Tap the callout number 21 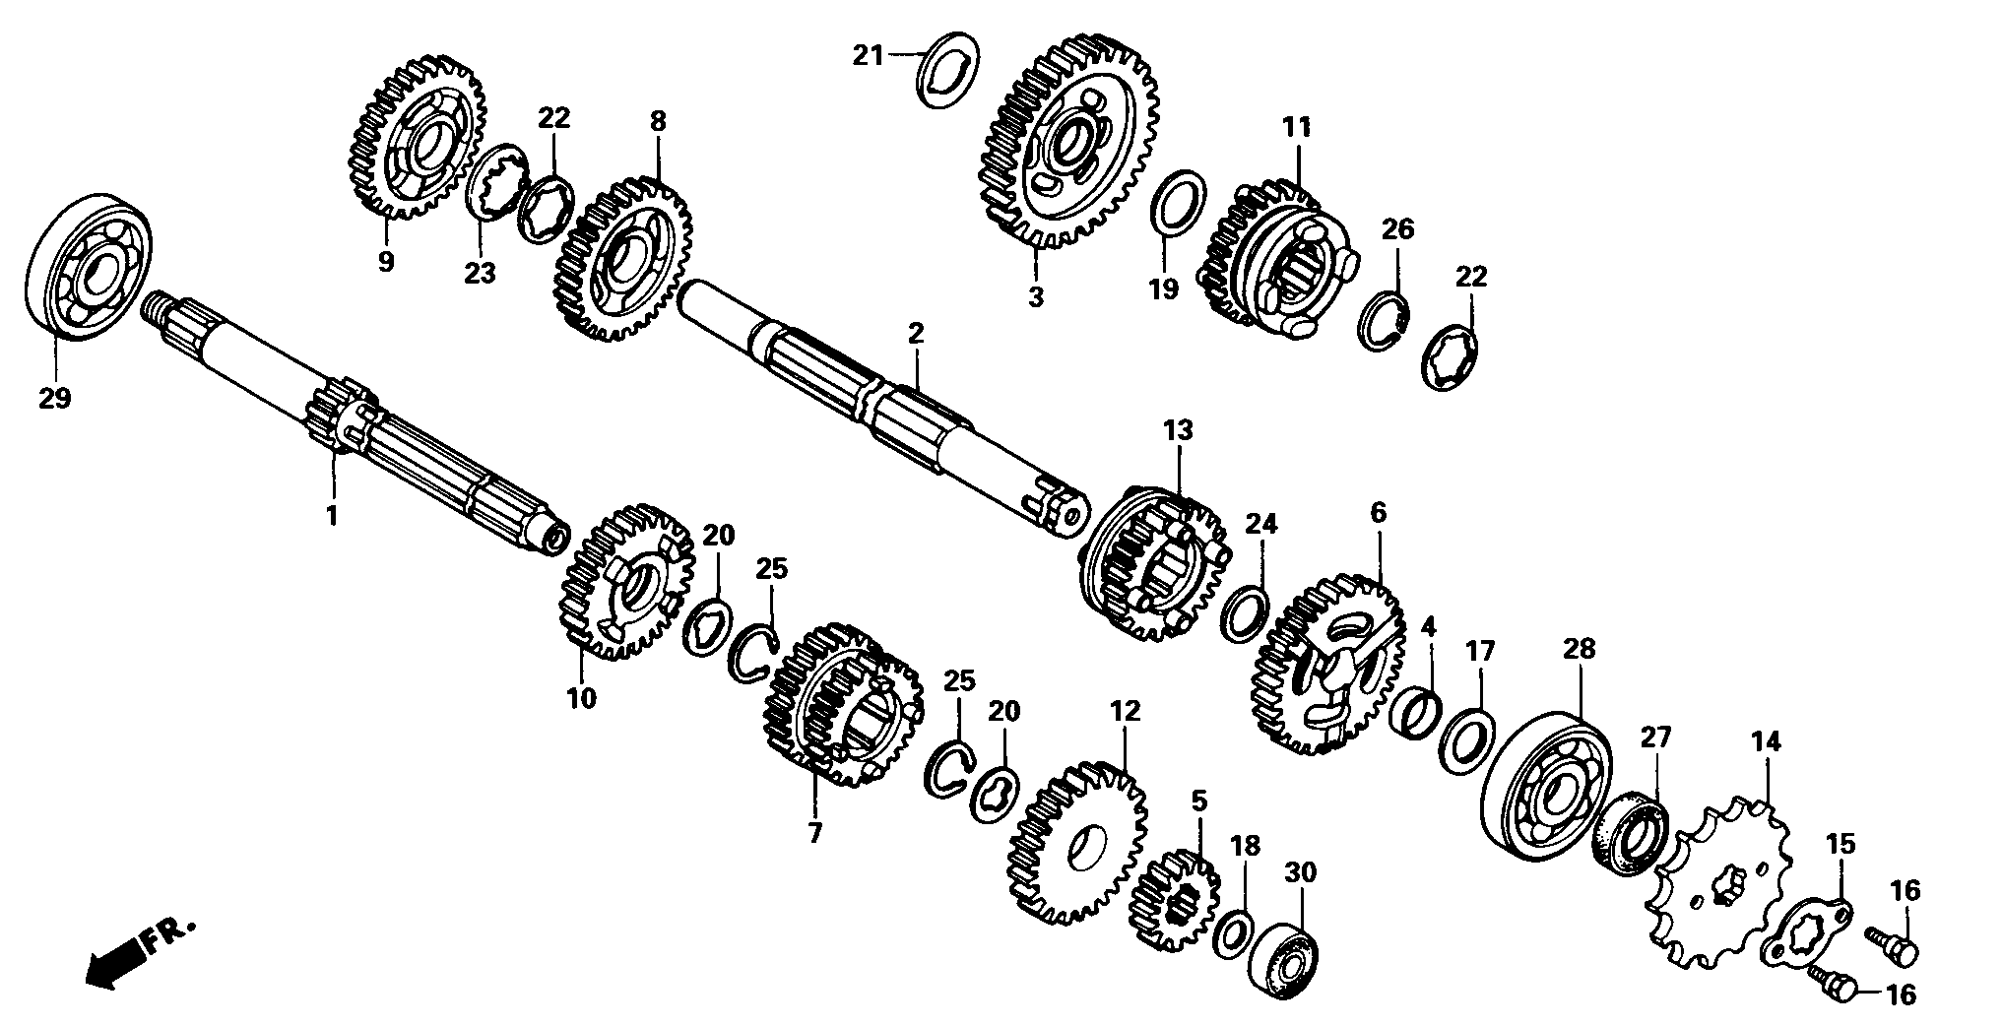tap(869, 56)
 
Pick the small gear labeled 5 tap(1174, 900)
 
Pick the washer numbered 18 tap(1233, 934)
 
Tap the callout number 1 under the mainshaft tap(332, 515)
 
